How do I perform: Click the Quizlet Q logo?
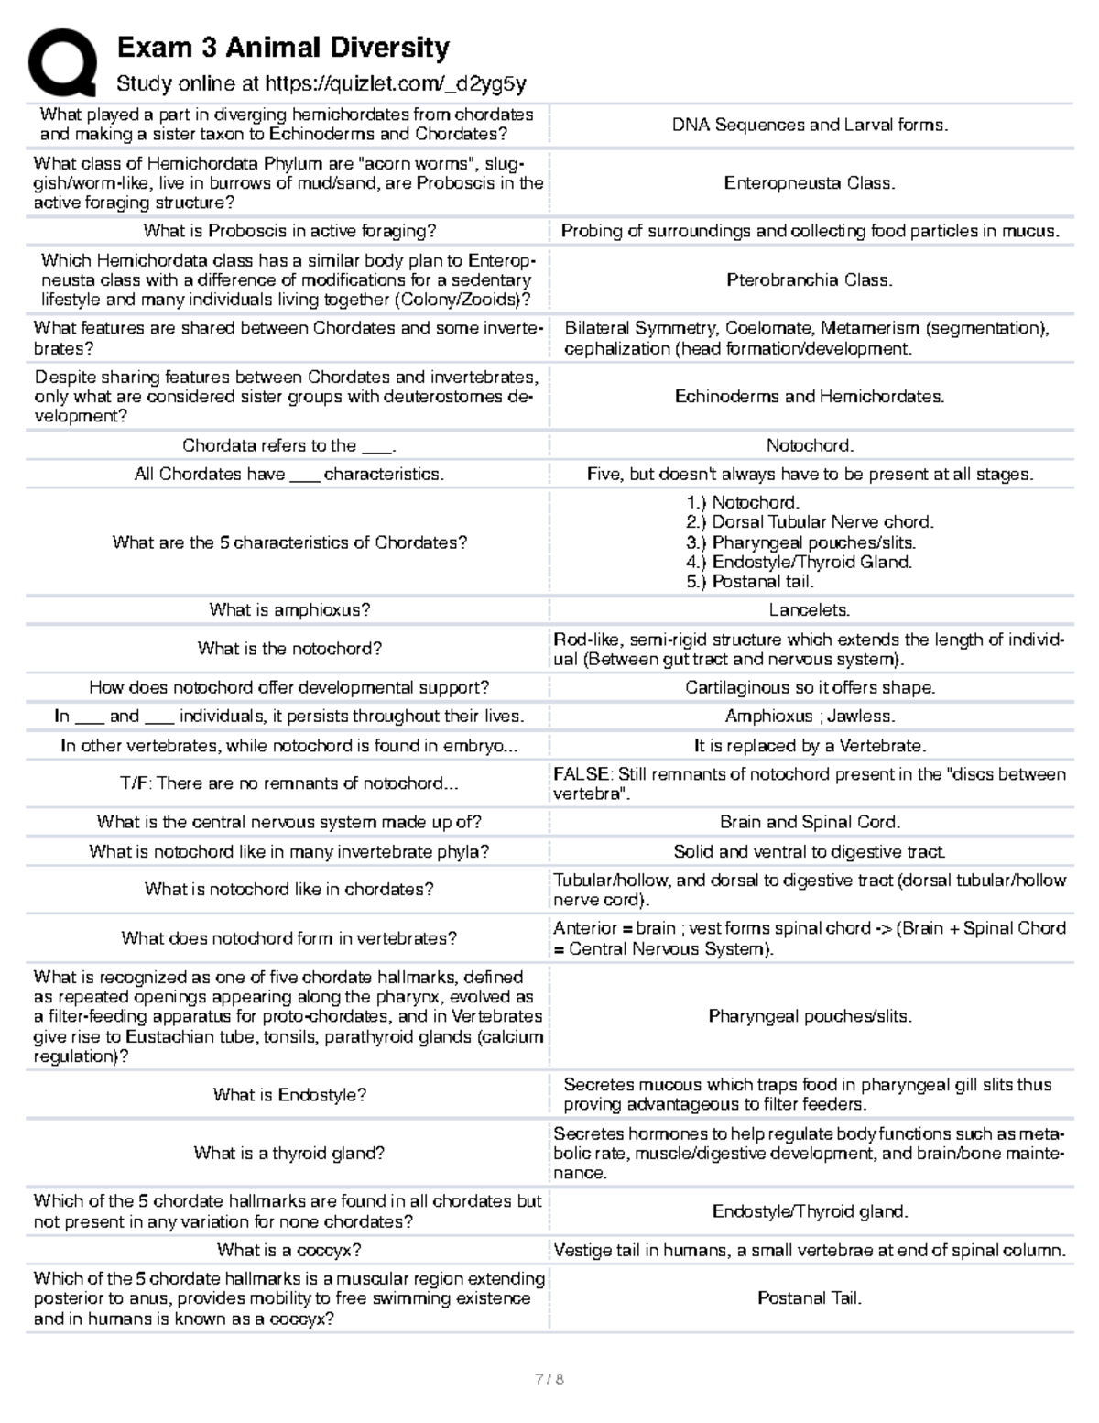click(61, 62)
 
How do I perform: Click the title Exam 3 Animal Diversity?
click(283, 48)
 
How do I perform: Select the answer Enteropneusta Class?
click(810, 183)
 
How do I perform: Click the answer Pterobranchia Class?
click(810, 280)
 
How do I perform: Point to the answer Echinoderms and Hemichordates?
click(810, 397)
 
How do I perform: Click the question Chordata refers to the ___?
click(288, 446)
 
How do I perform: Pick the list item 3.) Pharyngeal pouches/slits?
click(800, 542)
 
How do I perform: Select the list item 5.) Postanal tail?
click(749, 582)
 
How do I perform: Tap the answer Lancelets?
click(810, 610)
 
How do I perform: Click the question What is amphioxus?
click(288, 610)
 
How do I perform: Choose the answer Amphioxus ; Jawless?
click(810, 717)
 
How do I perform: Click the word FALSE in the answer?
click(581, 774)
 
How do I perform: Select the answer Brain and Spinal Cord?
click(810, 823)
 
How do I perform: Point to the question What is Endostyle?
click(288, 1095)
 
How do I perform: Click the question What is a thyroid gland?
click(288, 1154)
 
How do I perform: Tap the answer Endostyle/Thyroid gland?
click(810, 1212)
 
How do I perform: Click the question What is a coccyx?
click(288, 1251)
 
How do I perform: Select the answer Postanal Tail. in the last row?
click(810, 1298)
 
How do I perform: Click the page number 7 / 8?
click(549, 1380)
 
